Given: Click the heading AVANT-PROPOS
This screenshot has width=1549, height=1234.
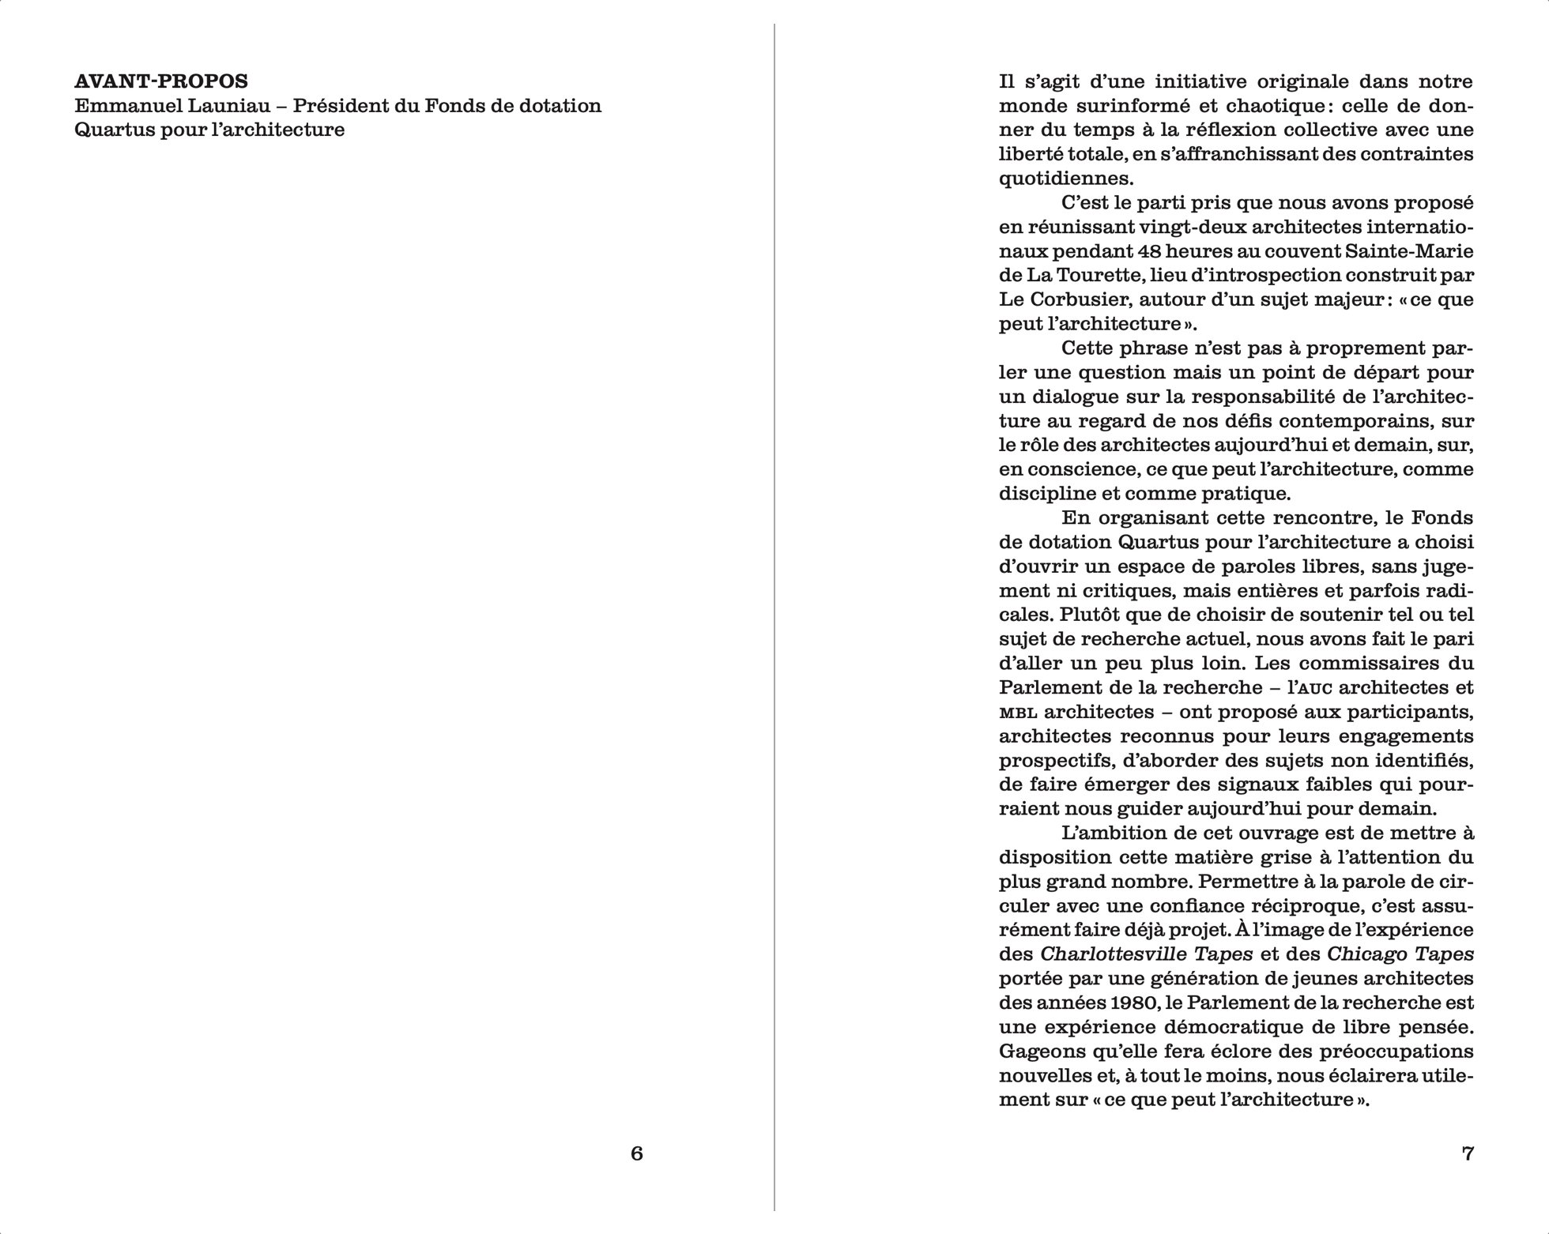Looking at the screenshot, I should pos(161,81).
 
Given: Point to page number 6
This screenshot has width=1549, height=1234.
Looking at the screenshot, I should pos(637,1153).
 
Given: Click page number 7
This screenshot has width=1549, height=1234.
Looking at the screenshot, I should pos(1468,1153).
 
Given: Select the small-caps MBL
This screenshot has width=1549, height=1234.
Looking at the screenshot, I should pos(1016,713).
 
